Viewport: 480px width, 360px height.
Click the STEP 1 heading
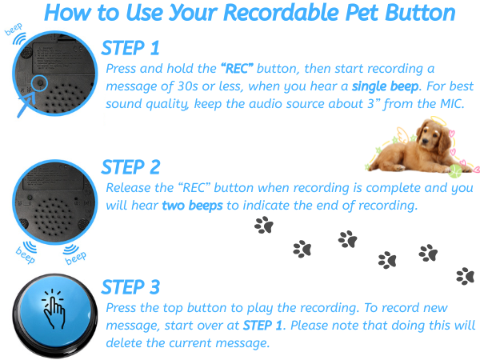tap(131, 48)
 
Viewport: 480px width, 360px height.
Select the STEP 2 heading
tap(131, 166)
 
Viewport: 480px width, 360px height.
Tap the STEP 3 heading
tap(131, 286)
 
